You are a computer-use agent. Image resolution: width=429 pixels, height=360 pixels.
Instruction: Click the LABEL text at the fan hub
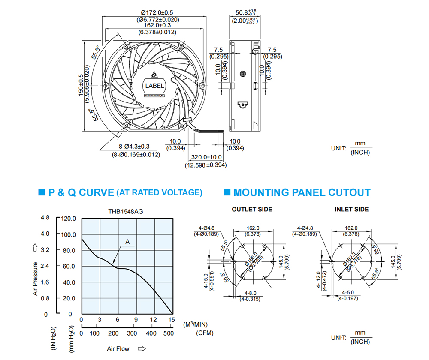[x=154, y=86]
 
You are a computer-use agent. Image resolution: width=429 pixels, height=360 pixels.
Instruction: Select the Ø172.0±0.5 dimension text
[x=157, y=12]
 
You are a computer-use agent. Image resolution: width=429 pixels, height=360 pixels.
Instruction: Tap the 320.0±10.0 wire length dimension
[x=207, y=157]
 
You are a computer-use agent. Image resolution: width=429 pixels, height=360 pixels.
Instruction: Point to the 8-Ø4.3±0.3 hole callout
[x=134, y=147]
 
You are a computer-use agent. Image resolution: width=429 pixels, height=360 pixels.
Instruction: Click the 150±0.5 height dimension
[x=81, y=85]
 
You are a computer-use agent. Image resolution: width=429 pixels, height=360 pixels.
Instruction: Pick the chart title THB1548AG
[x=126, y=212]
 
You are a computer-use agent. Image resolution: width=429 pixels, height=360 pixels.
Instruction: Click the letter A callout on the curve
[x=127, y=242]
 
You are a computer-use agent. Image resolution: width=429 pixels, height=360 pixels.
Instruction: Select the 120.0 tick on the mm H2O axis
[x=68, y=219]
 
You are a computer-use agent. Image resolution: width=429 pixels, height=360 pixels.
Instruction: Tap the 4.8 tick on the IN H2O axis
[x=45, y=218]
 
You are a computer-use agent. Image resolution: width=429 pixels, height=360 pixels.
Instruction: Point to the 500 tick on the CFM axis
[x=169, y=333]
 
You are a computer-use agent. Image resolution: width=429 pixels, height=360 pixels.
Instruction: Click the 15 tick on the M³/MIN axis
[x=172, y=320]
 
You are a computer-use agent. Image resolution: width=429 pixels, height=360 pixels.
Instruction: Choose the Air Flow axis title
[x=118, y=349]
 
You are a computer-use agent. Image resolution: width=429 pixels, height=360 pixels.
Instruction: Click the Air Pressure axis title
[x=35, y=279]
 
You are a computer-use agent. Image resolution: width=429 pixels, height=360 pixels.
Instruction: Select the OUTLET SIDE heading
[x=252, y=210]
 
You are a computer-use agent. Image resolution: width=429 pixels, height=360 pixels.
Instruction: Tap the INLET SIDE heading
[x=352, y=210]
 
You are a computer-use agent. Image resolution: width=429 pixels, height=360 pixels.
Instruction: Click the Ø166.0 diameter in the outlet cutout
[x=251, y=259]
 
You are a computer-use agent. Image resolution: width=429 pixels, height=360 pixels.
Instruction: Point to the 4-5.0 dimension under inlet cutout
[x=348, y=292]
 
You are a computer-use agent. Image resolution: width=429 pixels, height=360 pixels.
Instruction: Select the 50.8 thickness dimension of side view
[x=242, y=12]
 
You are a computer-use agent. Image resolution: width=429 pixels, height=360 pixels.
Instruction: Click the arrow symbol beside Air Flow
[x=142, y=349]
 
